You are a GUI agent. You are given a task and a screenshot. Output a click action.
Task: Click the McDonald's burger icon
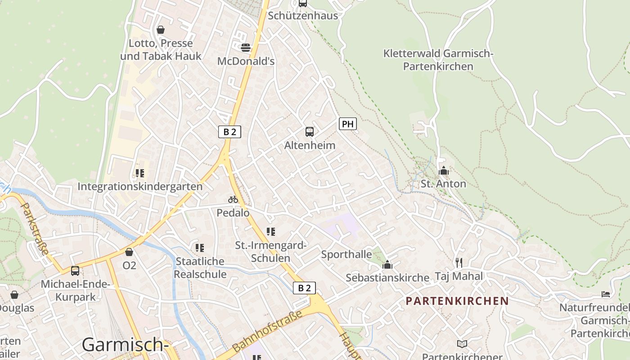point(246,47)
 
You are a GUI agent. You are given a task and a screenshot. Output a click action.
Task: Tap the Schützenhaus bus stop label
point(302,16)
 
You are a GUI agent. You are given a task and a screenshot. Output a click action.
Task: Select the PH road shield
point(347,124)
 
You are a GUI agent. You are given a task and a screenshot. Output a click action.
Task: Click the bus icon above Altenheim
point(310,132)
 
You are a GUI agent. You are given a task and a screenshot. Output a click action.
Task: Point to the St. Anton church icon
point(444,171)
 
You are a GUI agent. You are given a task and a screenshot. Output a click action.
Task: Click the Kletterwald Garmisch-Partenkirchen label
point(438,60)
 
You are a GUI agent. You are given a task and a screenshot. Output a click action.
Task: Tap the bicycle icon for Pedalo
point(233,199)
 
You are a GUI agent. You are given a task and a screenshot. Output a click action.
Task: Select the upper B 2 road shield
point(229,132)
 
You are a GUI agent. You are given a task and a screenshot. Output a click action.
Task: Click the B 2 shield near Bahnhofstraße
point(304,288)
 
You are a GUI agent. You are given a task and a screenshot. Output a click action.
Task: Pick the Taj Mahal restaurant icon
point(459,262)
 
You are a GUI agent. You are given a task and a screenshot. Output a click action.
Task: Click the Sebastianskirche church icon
point(387,265)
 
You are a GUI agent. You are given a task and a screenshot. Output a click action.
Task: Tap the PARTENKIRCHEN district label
point(457,301)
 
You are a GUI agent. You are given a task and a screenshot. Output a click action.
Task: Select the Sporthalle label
point(346,254)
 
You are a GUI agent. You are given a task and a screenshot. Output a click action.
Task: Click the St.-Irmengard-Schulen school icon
point(270,232)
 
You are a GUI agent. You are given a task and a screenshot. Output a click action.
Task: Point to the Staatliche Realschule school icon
point(200,247)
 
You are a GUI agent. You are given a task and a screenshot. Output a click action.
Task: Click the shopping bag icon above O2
point(129,252)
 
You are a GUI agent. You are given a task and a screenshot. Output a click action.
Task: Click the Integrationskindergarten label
point(140,186)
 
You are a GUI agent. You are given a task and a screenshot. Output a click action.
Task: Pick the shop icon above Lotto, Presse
point(161,30)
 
